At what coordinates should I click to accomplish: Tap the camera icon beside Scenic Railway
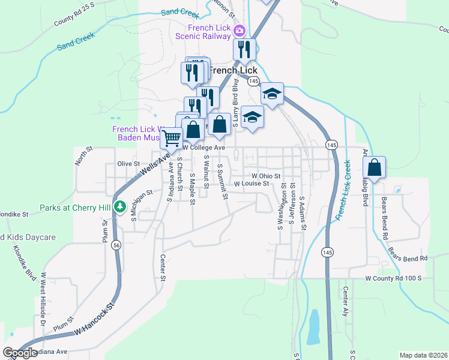pyautogui.click(x=240, y=31)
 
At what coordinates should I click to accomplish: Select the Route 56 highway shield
pyautogui.click(x=116, y=245)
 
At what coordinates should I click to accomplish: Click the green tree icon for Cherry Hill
pyautogui.click(x=120, y=208)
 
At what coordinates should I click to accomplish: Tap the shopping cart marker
pyautogui.click(x=172, y=139)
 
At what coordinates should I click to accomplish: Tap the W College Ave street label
pyautogui.click(x=204, y=148)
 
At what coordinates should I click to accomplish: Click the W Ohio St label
pyautogui.click(x=266, y=176)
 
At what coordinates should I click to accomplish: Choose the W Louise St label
pyautogui.click(x=251, y=184)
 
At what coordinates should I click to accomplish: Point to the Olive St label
pyautogui.click(x=128, y=163)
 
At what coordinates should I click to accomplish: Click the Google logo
pyautogui.click(x=20, y=353)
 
